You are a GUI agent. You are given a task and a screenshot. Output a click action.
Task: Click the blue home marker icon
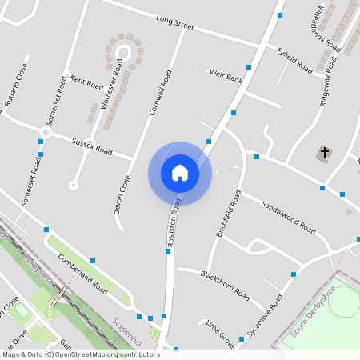coord(180,173)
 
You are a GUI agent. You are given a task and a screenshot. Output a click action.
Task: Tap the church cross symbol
coord(325,152)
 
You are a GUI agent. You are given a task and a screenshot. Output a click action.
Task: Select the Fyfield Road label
coord(294,61)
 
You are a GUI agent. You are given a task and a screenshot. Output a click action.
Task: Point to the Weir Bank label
coord(226,78)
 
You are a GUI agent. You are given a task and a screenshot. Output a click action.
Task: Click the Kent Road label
coord(87,82)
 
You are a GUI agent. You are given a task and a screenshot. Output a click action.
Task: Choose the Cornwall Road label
coord(160,92)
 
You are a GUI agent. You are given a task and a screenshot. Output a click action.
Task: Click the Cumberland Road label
coord(82,272)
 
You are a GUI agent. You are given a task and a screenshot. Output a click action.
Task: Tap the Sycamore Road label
coord(265,318)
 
